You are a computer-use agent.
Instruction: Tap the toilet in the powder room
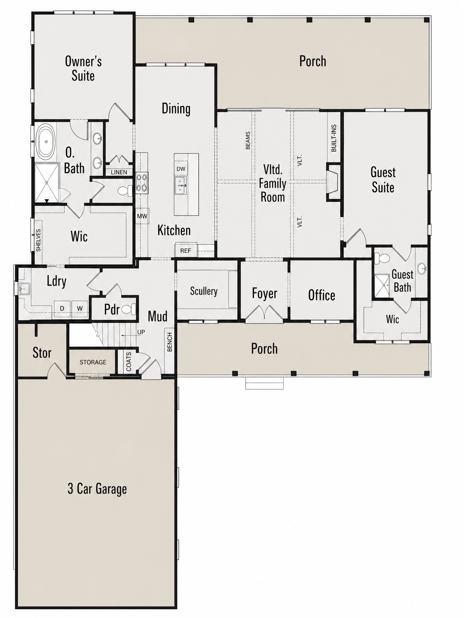click(x=129, y=309)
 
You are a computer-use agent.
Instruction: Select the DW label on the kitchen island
click(x=181, y=169)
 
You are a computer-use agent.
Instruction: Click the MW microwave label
click(x=142, y=216)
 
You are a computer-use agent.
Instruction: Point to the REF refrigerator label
click(x=186, y=251)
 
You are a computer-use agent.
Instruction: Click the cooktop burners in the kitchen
click(x=142, y=183)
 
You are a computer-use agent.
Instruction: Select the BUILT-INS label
click(x=334, y=138)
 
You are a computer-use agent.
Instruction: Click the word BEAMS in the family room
click(x=248, y=140)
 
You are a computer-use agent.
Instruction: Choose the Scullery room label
click(x=204, y=291)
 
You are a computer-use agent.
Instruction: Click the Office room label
click(x=322, y=295)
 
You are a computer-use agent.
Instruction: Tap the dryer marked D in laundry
click(x=62, y=308)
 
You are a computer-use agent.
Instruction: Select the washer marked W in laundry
click(x=80, y=308)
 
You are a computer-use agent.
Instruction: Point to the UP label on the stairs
click(x=141, y=332)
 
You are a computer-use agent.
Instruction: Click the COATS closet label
click(x=129, y=361)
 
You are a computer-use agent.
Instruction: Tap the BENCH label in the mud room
click(x=169, y=342)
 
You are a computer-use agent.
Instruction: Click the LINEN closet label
click(x=119, y=172)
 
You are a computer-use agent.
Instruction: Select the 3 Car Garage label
click(x=97, y=489)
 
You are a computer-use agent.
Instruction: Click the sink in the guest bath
click(x=421, y=268)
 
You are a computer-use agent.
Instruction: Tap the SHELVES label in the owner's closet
click(x=39, y=240)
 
